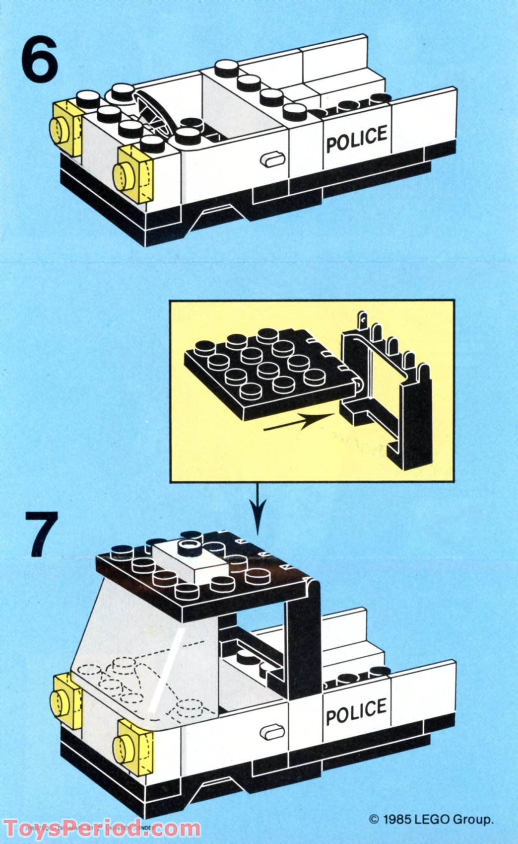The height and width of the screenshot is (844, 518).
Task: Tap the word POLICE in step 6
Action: point(356,139)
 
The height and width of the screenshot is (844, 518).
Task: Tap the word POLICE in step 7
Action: point(356,712)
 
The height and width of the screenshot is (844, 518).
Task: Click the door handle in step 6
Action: point(272,159)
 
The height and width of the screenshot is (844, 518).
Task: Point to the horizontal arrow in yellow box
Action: point(297,421)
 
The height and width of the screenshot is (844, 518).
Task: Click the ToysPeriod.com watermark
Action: point(102,828)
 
